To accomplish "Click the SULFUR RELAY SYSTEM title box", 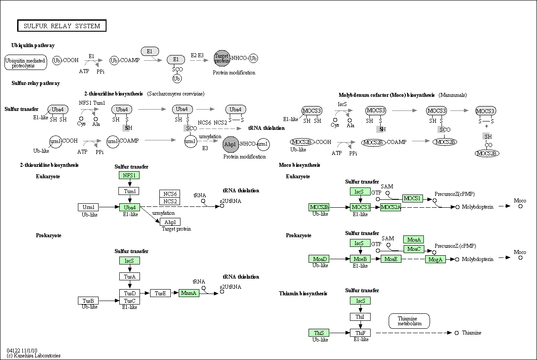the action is (62, 26).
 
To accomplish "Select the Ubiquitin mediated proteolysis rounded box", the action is (26, 62).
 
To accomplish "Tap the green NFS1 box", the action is (129, 175).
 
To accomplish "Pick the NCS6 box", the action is (170, 194).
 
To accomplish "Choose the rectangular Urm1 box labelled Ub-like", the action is (88, 207).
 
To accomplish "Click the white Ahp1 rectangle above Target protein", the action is (170, 222).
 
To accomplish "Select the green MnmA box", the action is (189, 293).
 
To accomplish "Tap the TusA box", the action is (130, 276).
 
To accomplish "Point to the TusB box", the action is (88, 301).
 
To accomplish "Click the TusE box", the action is (160, 293).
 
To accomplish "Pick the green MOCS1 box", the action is (412, 198).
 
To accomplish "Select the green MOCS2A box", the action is (391, 207).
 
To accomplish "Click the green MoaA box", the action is (414, 239).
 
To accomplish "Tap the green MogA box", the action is (436, 259).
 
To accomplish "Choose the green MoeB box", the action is (360, 259).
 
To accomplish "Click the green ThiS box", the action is (319, 333).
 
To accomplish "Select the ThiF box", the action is (360, 333).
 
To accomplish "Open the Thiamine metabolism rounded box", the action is (409, 321).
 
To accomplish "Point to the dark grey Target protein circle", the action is (222, 58).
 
